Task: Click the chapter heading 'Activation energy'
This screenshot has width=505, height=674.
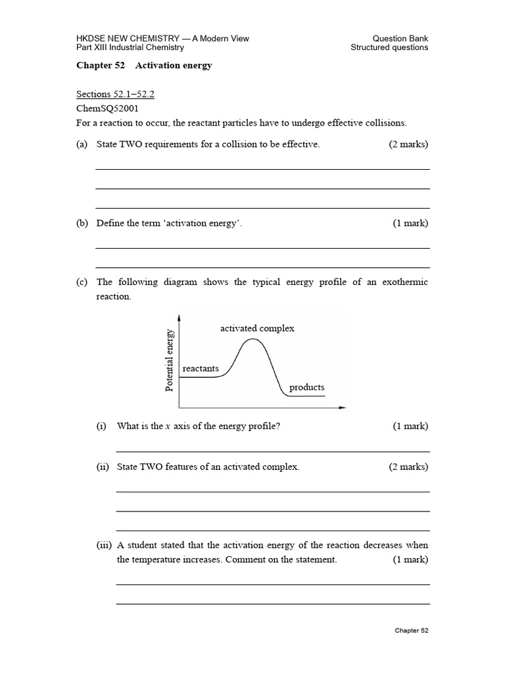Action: [x=174, y=66]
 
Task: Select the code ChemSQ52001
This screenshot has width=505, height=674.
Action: [x=107, y=108]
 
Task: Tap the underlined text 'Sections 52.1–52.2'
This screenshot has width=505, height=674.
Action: [x=115, y=94]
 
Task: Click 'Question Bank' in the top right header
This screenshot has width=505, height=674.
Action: [x=400, y=38]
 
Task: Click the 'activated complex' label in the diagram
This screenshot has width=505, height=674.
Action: [x=257, y=328]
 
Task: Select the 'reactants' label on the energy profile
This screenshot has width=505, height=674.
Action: [x=201, y=369]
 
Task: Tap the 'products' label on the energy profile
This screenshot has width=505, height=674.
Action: [x=307, y=387]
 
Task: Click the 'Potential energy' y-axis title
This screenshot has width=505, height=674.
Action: [x=170, y=360]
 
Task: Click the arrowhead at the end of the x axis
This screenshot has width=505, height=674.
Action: [x=342, y=408]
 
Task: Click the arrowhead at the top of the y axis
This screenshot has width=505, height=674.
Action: [x=180, y=317]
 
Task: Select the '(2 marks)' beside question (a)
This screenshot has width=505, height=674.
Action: [x=408, y=144]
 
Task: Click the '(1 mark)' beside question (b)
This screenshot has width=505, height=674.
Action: [x=410, y=223]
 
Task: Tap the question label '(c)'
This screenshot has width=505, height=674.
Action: [x=82, y=282]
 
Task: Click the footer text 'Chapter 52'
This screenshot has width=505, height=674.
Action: [x=411, y=631]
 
